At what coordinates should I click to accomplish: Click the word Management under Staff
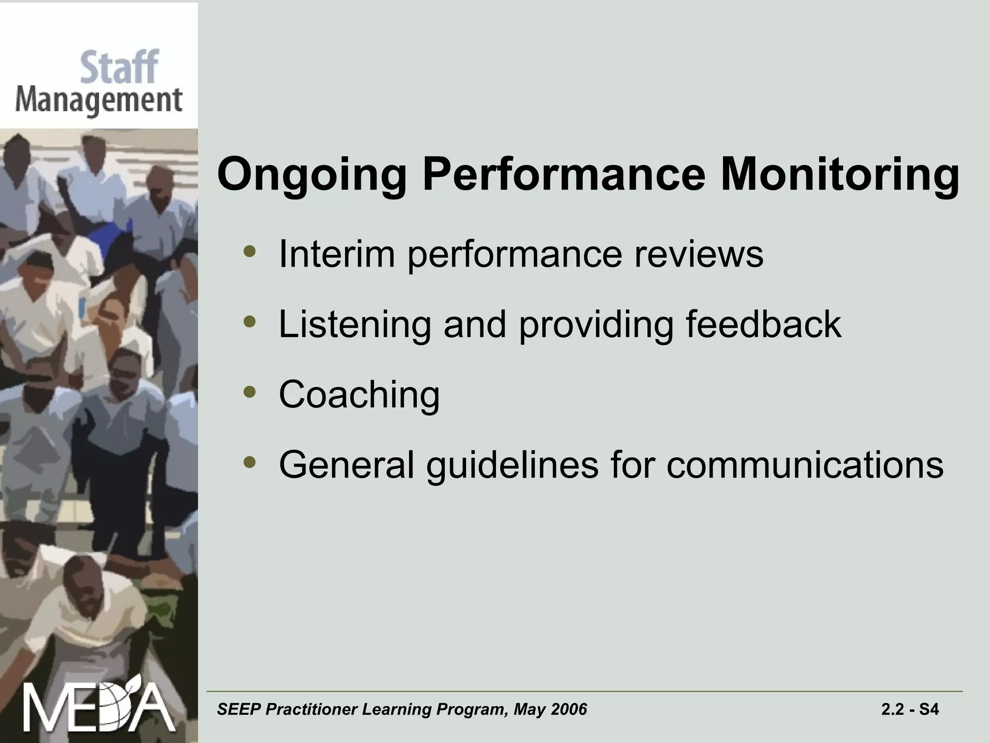point(99,102)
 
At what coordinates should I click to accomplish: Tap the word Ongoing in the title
point(312,175)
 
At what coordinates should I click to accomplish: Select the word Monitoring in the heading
point(840,175)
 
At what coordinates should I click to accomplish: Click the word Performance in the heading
point(564,175)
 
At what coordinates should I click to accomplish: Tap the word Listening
point(354,325)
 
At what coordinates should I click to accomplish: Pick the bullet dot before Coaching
point(249,392)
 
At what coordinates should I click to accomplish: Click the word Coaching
point(359,395)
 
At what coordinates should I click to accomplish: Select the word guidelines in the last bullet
point(512,465)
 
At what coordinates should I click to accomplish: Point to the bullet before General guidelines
point(249,462)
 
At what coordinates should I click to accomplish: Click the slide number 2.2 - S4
point(910,710)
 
